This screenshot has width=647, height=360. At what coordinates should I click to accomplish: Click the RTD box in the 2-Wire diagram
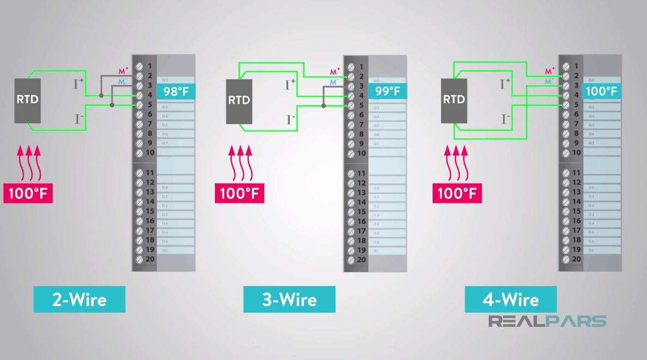pos(27,100)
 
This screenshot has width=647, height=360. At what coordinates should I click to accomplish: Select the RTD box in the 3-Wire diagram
pos(239,101)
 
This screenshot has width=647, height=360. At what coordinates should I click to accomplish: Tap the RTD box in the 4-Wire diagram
pos(454,100)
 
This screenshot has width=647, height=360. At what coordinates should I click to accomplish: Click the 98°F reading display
pos(175,91)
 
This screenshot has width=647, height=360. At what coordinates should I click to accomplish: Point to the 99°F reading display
pos(387,91)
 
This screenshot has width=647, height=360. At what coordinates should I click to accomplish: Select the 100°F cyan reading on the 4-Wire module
pos(602,91)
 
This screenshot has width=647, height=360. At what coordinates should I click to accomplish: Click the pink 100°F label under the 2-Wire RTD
pos(28,193)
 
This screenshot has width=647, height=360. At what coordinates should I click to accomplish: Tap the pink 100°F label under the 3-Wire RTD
pos(239,194)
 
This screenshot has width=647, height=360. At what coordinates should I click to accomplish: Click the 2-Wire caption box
pos(79,299)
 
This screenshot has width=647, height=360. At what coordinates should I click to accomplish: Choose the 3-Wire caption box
pos(289,300)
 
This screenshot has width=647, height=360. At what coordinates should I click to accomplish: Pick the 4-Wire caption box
pos(510,299)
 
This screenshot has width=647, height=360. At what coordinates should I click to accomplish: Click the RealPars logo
pos(547,321)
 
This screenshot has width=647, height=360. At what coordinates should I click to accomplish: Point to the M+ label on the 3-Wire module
pos(334,71)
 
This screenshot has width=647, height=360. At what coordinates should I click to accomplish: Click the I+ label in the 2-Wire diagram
pos(79,83)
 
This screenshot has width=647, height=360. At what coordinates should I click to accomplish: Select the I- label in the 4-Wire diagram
pos(506,118)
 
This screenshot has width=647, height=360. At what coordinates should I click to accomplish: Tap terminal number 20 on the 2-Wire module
pos(149,259)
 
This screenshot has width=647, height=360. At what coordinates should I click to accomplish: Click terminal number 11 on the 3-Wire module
pos(360,173)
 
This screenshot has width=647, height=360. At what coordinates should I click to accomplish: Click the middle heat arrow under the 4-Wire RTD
pos(457,163)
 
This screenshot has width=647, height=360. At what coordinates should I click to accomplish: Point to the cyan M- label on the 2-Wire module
pos(122,81)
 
